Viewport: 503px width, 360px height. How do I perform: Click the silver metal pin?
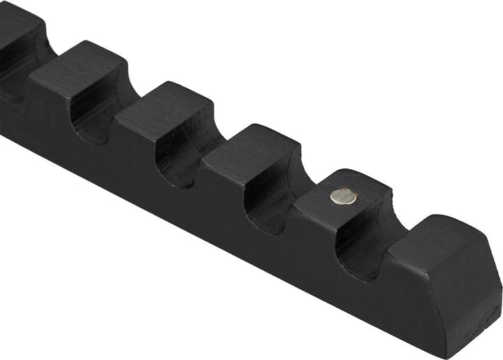point(343,197)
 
